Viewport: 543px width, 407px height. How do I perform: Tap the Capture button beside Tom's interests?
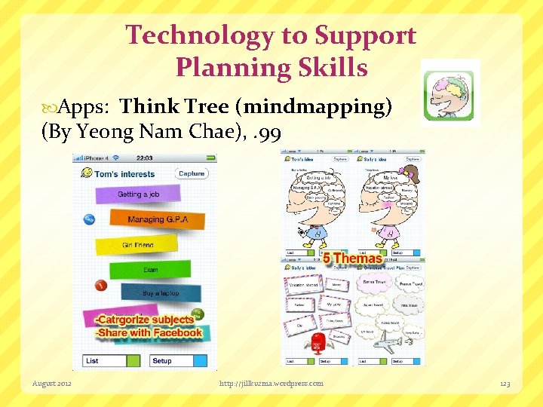coord(192,173)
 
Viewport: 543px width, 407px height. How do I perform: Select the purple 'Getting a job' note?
coord(139,194)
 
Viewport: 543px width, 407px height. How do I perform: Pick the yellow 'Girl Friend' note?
coord(138,245)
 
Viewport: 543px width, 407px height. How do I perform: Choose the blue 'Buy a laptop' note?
coord(160,293)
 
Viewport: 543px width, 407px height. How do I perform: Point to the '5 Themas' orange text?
coord(352,259)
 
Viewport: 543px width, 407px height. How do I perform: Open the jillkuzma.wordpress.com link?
coord(271,384)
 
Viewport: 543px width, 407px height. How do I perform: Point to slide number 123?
coord(505,384)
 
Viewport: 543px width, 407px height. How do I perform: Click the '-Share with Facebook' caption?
coord(149,332)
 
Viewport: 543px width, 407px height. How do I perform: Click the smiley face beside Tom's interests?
coord(87,173)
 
